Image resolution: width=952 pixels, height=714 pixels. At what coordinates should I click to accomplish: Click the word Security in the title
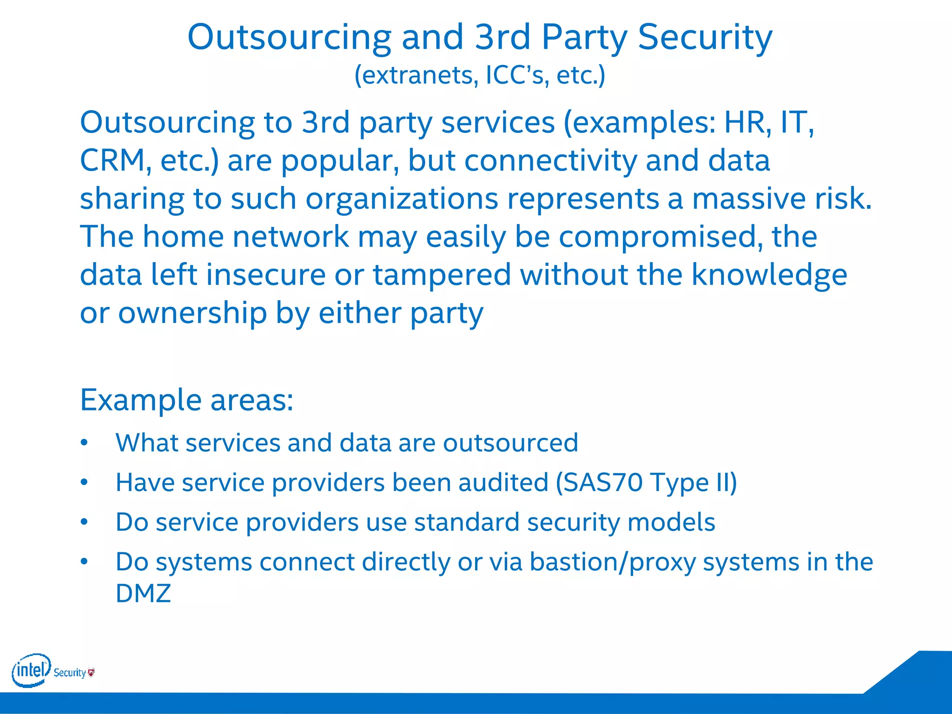[705, 37]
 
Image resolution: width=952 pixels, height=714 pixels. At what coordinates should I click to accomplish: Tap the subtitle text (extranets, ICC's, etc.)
[480, 75]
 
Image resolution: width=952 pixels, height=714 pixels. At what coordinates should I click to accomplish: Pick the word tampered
[442, 275]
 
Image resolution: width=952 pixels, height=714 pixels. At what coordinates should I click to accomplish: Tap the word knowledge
[769, 275]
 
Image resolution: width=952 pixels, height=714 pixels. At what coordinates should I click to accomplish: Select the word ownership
[192, 313]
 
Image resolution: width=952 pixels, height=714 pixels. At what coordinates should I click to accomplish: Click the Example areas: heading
[186, 400]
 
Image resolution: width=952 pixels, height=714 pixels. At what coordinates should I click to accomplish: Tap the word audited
[503, 483]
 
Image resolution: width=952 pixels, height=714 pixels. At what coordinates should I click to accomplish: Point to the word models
[671, 522]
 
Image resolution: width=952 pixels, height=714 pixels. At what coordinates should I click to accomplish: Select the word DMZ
[143, 593]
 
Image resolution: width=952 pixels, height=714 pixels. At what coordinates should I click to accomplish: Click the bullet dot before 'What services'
[84, 443]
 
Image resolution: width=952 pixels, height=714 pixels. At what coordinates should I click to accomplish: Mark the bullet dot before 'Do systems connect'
[84, 562]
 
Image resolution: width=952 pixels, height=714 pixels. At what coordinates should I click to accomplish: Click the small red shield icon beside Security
[92, 672]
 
